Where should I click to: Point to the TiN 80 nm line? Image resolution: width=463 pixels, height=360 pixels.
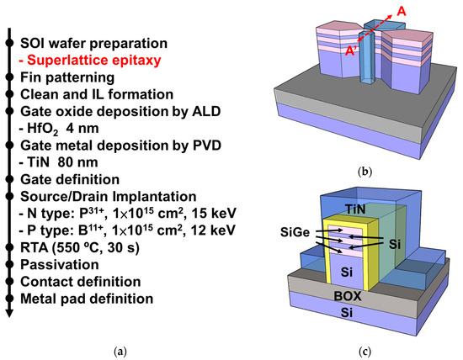click(67, 161)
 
